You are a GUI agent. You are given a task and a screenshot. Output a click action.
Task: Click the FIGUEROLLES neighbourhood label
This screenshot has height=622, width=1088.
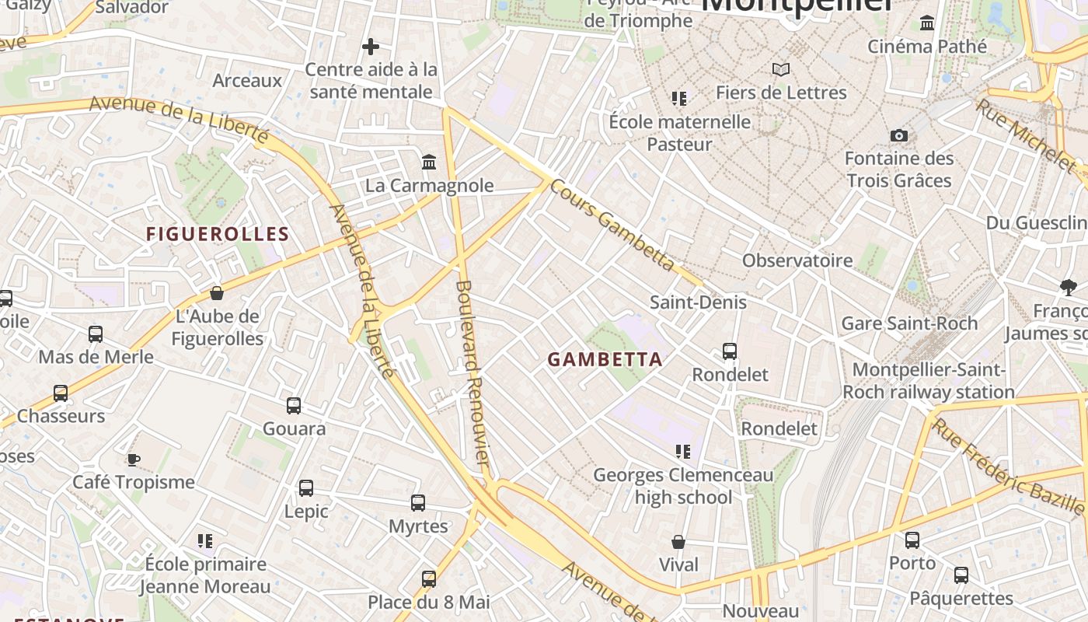point(218,234)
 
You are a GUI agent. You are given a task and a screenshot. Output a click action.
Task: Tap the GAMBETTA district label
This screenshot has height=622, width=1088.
point(605,359)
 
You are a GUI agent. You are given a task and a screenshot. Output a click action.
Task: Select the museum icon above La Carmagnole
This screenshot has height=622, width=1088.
point(429,162)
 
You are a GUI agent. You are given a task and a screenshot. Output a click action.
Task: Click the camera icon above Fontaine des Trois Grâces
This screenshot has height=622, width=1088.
point(899,135)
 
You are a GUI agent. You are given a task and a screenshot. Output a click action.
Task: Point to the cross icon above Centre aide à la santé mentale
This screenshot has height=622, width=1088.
point(371,47)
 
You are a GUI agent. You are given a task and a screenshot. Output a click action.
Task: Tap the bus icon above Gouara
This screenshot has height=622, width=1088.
point(294,405)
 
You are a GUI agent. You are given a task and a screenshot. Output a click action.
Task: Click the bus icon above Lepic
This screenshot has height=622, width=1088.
point(306,488)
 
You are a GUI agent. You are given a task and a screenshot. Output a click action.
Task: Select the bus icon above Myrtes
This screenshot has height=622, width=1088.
point(418,503)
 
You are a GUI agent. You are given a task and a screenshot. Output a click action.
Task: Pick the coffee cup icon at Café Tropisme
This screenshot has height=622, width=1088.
point(134,459)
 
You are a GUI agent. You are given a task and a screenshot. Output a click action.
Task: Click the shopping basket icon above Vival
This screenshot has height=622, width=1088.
point(678,542)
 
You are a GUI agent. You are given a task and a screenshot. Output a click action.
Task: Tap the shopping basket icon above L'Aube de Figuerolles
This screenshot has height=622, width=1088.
point(217,293)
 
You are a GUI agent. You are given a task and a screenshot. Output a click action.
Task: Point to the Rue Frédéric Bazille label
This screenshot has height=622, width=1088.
point(1008,466)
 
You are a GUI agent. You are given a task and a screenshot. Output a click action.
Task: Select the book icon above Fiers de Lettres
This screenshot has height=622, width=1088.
point(781,69)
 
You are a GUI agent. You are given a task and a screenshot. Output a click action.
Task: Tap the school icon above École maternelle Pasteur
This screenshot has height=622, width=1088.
point(680,99)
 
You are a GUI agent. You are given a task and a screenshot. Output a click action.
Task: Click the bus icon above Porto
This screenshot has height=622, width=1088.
point(912,540)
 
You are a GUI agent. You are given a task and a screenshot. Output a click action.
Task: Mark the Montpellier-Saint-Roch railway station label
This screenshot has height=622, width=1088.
point(929,381)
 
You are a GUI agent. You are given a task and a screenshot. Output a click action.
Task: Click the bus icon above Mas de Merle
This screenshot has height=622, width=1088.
point(96,334)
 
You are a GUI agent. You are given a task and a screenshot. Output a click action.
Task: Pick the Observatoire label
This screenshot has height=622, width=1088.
point(797,260)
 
